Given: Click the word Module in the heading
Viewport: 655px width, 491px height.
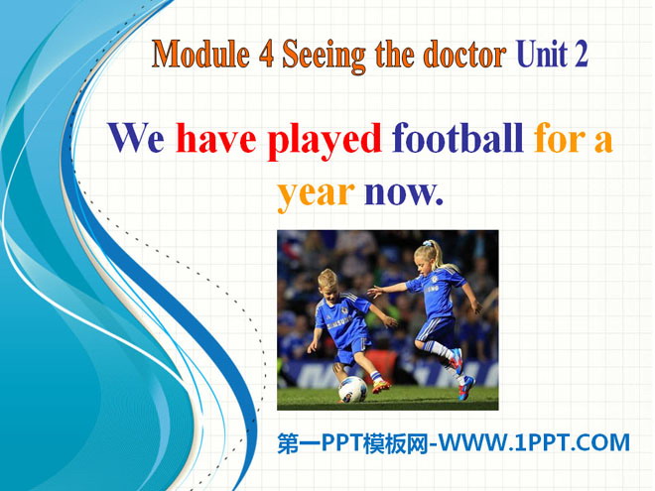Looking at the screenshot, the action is [200, 55].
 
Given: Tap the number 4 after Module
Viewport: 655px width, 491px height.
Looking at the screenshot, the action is [267, 55].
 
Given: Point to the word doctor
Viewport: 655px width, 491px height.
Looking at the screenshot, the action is [464, 55].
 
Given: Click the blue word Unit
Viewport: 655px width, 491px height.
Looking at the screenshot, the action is [542, 55].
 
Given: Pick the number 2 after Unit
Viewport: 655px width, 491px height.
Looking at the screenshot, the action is [581, 55].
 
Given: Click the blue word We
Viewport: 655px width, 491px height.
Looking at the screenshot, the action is [136, 138].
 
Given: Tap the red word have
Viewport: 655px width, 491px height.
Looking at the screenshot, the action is [216, 137].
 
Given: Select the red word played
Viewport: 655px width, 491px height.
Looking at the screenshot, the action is [325, 142].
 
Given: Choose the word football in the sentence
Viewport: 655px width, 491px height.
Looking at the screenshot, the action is [458, 137].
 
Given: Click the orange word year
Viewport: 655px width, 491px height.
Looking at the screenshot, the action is [317, 195].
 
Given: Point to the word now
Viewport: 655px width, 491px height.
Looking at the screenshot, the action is [403, 193].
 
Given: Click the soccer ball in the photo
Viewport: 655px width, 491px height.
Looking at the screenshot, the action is [352, 389].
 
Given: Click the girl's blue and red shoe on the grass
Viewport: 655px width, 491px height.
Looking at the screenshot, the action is [465, 388].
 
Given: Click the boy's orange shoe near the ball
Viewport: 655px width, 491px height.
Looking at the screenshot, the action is [381, 386].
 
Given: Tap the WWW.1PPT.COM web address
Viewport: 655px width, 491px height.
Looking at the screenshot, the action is [534, 442].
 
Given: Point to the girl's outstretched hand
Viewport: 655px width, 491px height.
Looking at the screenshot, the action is [374, 292].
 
